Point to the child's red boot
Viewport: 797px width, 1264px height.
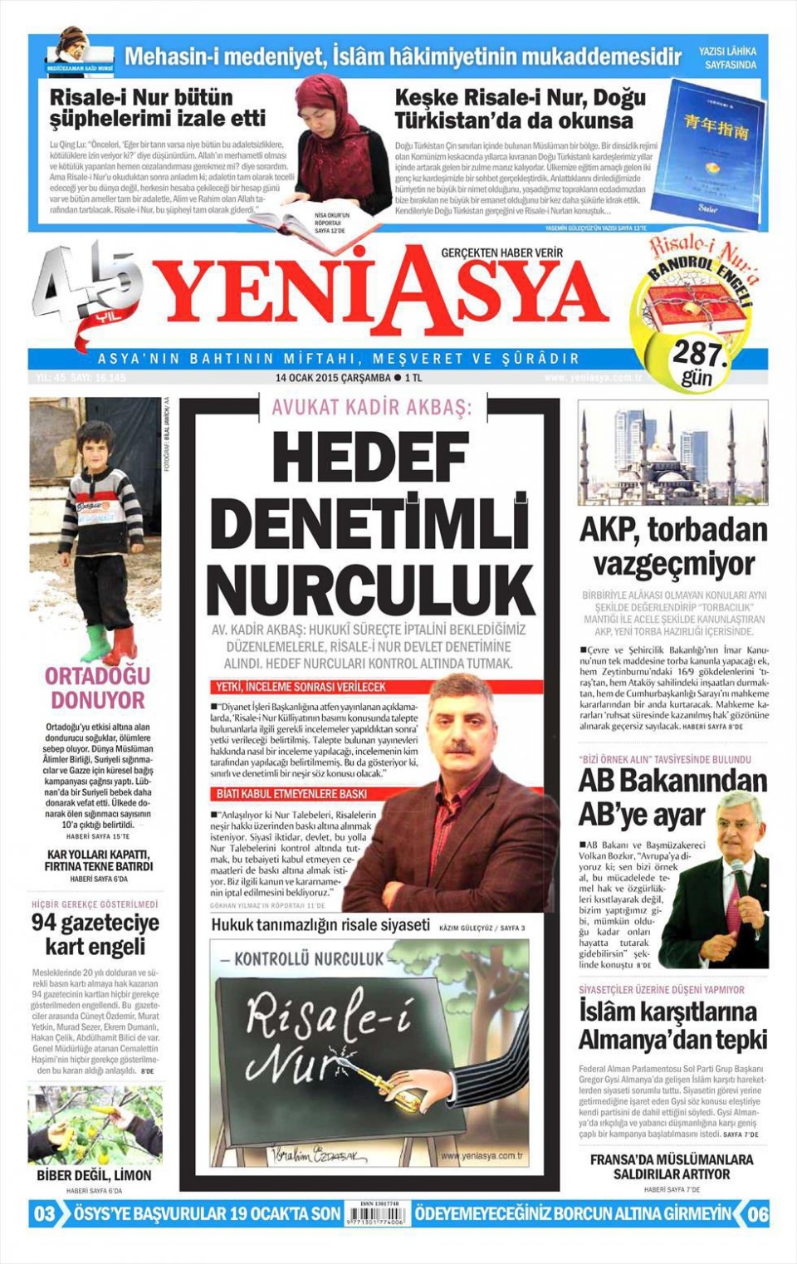(125, 644)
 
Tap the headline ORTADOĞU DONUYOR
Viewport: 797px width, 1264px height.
(96, 688)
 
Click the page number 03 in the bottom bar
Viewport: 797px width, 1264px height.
(44, 1214)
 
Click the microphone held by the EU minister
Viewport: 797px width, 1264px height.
(736, 869)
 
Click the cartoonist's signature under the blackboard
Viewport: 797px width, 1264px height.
(318, 1154)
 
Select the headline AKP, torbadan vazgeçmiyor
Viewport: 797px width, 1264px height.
(673, 546)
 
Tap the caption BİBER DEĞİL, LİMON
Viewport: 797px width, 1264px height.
(94, 1176)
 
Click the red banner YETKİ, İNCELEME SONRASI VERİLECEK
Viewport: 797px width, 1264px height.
(301, 687)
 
